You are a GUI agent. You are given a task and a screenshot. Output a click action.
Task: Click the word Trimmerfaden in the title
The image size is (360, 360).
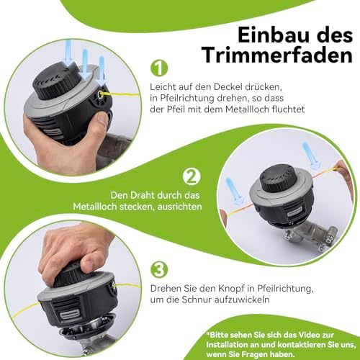tap(277, 55)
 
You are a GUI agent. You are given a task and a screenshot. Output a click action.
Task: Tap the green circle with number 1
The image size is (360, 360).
tap(159, 68)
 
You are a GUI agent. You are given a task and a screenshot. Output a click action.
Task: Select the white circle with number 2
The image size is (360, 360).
tap(192, 176)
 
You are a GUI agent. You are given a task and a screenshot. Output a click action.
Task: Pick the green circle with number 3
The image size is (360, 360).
tap(159, 269)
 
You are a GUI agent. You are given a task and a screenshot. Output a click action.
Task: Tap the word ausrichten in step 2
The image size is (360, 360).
tap(179, 207)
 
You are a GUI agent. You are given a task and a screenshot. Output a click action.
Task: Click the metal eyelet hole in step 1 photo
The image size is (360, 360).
tap(100, 96)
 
